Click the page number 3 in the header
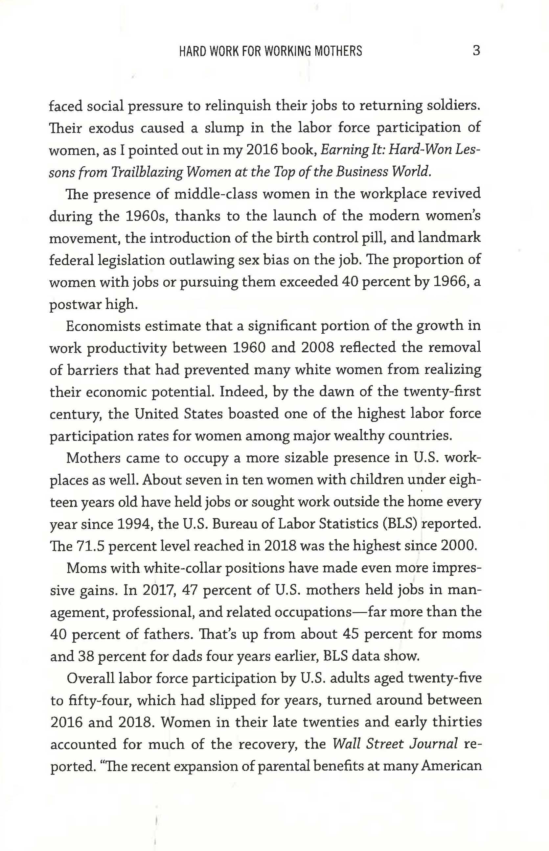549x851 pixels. (x=476, y=51)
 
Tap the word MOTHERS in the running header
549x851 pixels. (x=338, y=51)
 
